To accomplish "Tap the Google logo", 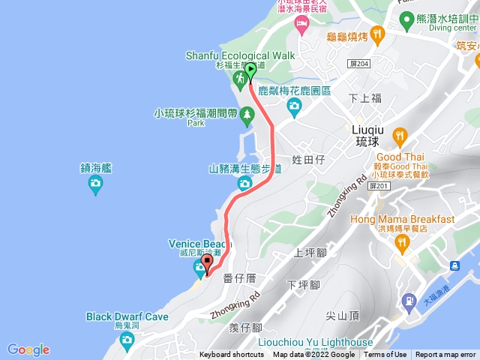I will point(28,349).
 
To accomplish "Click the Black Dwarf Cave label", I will point(127,316).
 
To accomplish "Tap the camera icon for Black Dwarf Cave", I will point(127,341).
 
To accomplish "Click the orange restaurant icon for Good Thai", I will point(399,137).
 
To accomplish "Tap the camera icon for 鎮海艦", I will point(95,187).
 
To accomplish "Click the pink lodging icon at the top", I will point(302,28).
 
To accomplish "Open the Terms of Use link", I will point(385,355).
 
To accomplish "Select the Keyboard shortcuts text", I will point(232,355).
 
